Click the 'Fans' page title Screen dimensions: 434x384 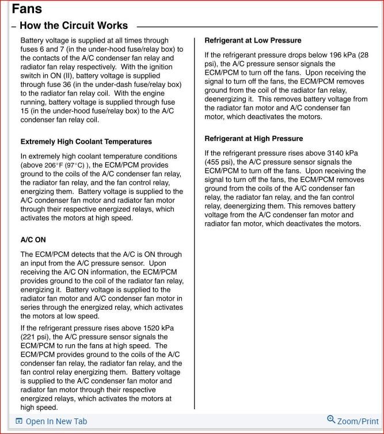pos(26,9)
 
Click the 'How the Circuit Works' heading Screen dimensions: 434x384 pos(74,26)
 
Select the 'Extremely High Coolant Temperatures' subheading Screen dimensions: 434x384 pos(86,142)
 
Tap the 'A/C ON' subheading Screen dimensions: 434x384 pos(33,239)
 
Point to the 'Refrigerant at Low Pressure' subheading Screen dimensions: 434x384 pos(253,41)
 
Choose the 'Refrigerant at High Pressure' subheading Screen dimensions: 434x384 pos(253,139)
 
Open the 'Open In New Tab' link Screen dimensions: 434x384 pos(56,422)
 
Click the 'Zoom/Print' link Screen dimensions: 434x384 pos(358,422)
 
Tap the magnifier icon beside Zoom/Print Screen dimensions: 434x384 pos(331,420)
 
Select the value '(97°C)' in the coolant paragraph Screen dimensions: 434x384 pos(73,165)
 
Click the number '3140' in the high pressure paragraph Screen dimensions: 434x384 pos(322,153)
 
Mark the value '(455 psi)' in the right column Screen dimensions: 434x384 pos(220,162)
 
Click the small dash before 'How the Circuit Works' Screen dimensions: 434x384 pos(13,26)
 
